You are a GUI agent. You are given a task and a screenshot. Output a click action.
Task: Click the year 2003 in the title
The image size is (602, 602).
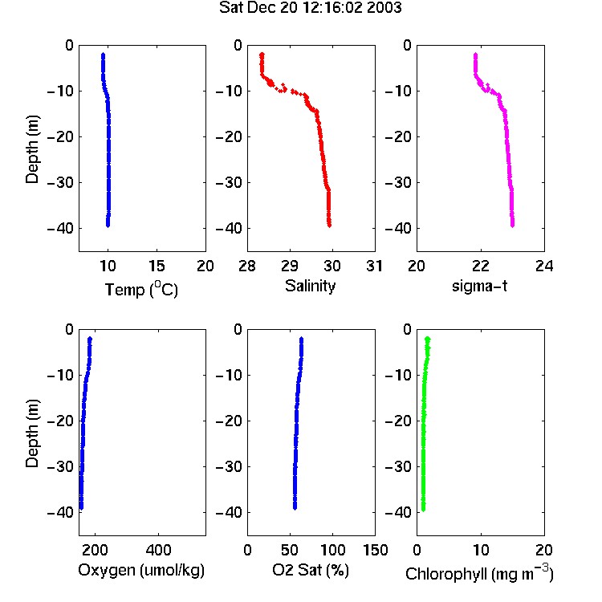(x=384, y=7)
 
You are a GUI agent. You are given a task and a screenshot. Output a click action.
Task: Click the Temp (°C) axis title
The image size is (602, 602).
(x=141, y=289)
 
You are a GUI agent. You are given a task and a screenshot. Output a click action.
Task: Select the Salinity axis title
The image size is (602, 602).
(x=310, y=286)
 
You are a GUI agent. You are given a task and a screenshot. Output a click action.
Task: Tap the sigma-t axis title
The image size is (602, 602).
(x=479, y=286)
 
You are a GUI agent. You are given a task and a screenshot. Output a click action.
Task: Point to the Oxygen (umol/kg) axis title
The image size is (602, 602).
(x=141, y=571)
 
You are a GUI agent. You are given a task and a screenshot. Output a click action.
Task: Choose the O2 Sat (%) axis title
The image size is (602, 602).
(x=311, y=570)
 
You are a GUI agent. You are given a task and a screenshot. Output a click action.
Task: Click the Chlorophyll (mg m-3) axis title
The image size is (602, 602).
(x=479, y=573)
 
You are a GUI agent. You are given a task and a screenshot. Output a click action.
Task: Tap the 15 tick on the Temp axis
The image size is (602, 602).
(x=157, y=266)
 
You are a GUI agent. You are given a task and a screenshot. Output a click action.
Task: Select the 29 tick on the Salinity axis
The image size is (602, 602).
(x=290, y=266)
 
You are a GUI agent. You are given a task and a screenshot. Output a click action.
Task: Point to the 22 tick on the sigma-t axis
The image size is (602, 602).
(x=480, y=266)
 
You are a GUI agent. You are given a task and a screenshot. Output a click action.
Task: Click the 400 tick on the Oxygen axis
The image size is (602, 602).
(x=159, y=550)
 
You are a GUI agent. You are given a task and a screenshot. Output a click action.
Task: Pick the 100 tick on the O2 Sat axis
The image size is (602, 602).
(x=332, y=550)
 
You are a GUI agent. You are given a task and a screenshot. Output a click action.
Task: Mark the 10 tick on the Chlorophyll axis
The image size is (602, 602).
(x=480, y=550)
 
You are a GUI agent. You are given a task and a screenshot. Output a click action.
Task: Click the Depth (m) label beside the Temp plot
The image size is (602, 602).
(x=32, y=149)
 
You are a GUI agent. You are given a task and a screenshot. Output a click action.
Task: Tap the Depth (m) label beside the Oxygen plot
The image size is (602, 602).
(x=32, y=433)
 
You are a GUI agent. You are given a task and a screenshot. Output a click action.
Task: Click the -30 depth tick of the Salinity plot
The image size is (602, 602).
(x=229, y=182)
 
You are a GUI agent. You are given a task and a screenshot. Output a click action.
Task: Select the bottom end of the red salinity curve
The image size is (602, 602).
(x=329, y=226)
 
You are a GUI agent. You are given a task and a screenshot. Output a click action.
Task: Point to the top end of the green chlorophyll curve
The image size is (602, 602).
(x=427, y=339)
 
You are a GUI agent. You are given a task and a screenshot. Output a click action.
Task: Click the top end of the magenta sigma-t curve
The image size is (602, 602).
(x=475, y=55)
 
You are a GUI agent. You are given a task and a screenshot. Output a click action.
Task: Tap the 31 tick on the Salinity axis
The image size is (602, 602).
(x=374, y=266)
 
